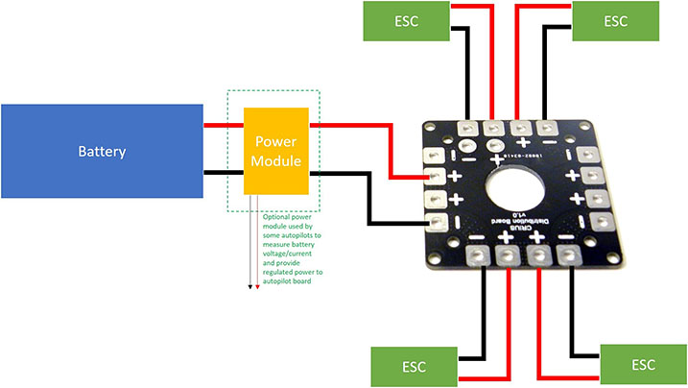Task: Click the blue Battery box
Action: click(x=102, y=152)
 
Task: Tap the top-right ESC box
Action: click(x=615, y=22)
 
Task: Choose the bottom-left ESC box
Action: click(x=413, y=368)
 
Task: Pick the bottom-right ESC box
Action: click(x=643, y=366)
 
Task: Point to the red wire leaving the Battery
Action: click(x=224, y=124)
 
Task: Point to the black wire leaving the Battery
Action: click(x=224, y=173)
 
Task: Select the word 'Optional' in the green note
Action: click(x=278, y=218)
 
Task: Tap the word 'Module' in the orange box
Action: click(x=275, y=161)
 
